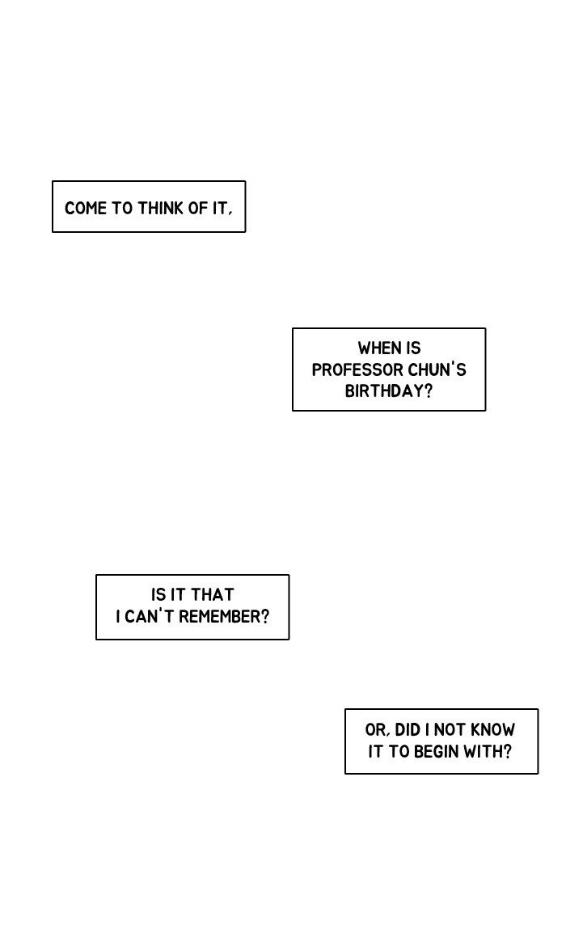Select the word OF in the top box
(198, 208)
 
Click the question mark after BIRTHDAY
(429, 391)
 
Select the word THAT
(213, 595)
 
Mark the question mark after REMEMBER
(265, 617)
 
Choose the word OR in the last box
(374, 730)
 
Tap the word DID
(408, 730)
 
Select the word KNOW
(493, 730)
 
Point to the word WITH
(482, 752)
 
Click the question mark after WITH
(507, 752)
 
